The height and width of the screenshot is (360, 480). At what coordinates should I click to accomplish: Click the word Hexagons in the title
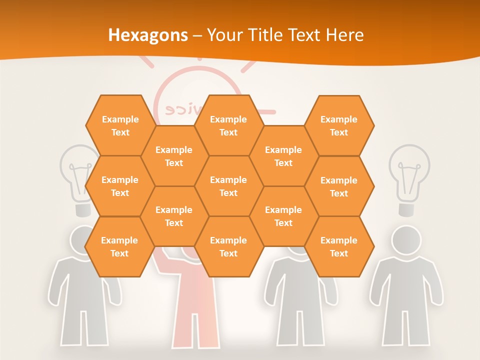tap(148, 35)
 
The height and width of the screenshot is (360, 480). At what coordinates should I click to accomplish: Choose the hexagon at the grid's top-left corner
tap(120, 125)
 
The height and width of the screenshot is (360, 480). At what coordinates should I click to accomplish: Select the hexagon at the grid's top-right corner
tap(339, 125)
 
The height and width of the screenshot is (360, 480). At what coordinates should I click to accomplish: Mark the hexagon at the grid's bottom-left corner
tap(119, 246)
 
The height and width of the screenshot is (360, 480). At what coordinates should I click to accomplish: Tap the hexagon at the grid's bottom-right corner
tap(339, 246)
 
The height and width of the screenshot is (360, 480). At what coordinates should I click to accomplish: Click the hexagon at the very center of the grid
tap(228, 186)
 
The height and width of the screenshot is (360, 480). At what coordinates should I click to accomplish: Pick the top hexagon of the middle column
tap(228, 125)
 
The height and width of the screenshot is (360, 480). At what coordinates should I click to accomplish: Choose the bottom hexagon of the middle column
tap(228, 246)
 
